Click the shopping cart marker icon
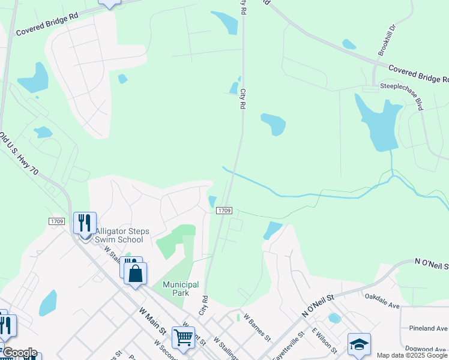point(182,337)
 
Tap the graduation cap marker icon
point(359,344)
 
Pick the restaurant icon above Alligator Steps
point(85,223)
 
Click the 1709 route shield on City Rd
point(224,211)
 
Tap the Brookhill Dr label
point(388,40)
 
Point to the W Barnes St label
point(258,329)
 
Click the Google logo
point(19,353)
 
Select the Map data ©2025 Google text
point(412,355)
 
